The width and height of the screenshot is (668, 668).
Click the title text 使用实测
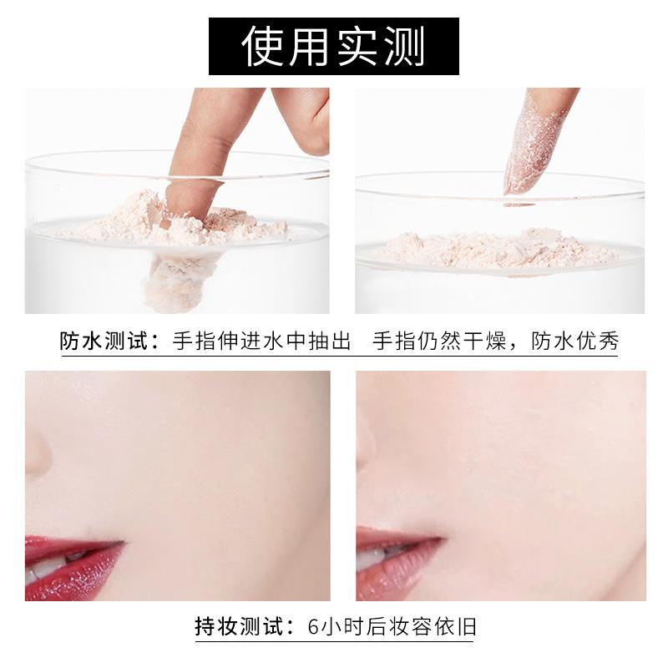pyautogui.click(x=333, y=46)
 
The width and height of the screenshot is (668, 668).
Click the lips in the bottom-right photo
pyautogui.click(x=392, y=551)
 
